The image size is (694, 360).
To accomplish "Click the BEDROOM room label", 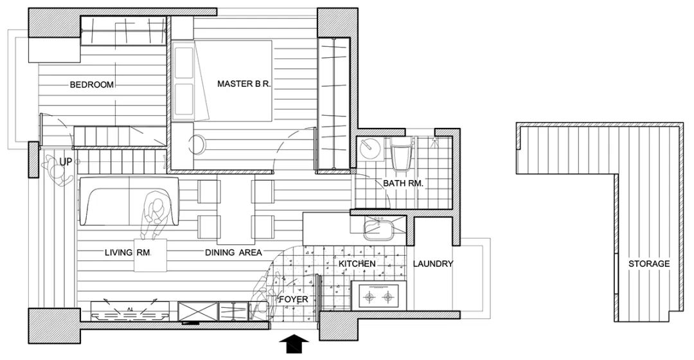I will tap(92, 85).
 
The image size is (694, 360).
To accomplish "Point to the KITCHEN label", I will tap(357, 264).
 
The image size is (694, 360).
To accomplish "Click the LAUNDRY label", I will tap(433, 264).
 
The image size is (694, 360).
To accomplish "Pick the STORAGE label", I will tap(649, 264).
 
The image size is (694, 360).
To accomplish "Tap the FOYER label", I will tap(292, 300).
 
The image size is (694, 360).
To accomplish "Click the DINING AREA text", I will tap(233, 253).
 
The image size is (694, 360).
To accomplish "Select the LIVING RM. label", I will tap(128, 253).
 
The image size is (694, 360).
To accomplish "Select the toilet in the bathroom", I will tap(402, 156).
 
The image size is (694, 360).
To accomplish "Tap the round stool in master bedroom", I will tap(196, 143).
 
